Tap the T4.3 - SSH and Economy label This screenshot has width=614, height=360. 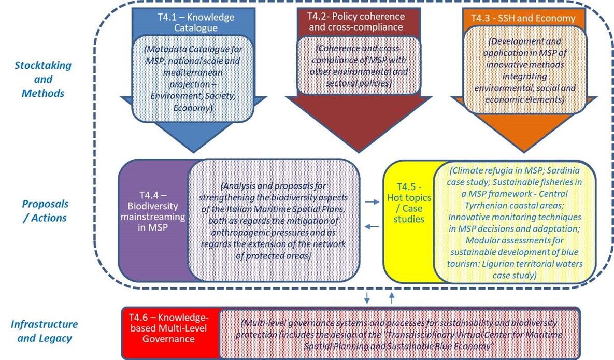click(523, 18)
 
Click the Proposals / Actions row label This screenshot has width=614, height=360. click(46, 211)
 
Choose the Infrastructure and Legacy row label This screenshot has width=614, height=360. click(44, 331)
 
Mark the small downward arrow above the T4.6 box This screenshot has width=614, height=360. click(367, 297)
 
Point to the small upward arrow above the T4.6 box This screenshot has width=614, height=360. click(392, 297)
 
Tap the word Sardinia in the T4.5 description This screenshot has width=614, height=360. click(564, 169)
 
